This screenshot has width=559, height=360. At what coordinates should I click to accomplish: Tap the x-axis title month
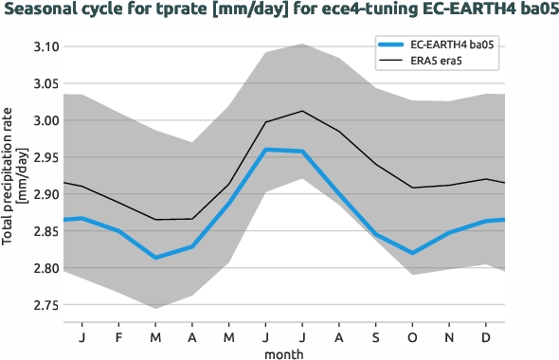(284, 353)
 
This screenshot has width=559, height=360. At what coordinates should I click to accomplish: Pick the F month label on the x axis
(118, 336)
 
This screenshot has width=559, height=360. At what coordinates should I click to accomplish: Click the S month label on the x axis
(376, 336)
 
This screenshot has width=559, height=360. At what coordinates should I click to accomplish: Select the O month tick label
(412, 336)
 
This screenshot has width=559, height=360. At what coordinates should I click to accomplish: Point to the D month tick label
(486, 336)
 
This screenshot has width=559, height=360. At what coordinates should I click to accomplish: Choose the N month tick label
(449, 336)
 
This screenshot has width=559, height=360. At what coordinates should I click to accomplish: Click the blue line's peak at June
(266, 149)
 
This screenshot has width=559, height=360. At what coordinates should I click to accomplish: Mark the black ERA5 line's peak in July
(302, 111)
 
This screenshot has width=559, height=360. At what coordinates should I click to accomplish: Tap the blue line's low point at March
(155, 258)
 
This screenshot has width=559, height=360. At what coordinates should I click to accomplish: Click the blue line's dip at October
(412, 253)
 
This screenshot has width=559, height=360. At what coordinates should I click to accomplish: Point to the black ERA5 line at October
(412, 188)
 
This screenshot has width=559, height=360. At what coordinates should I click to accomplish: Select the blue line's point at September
(376, 234)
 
